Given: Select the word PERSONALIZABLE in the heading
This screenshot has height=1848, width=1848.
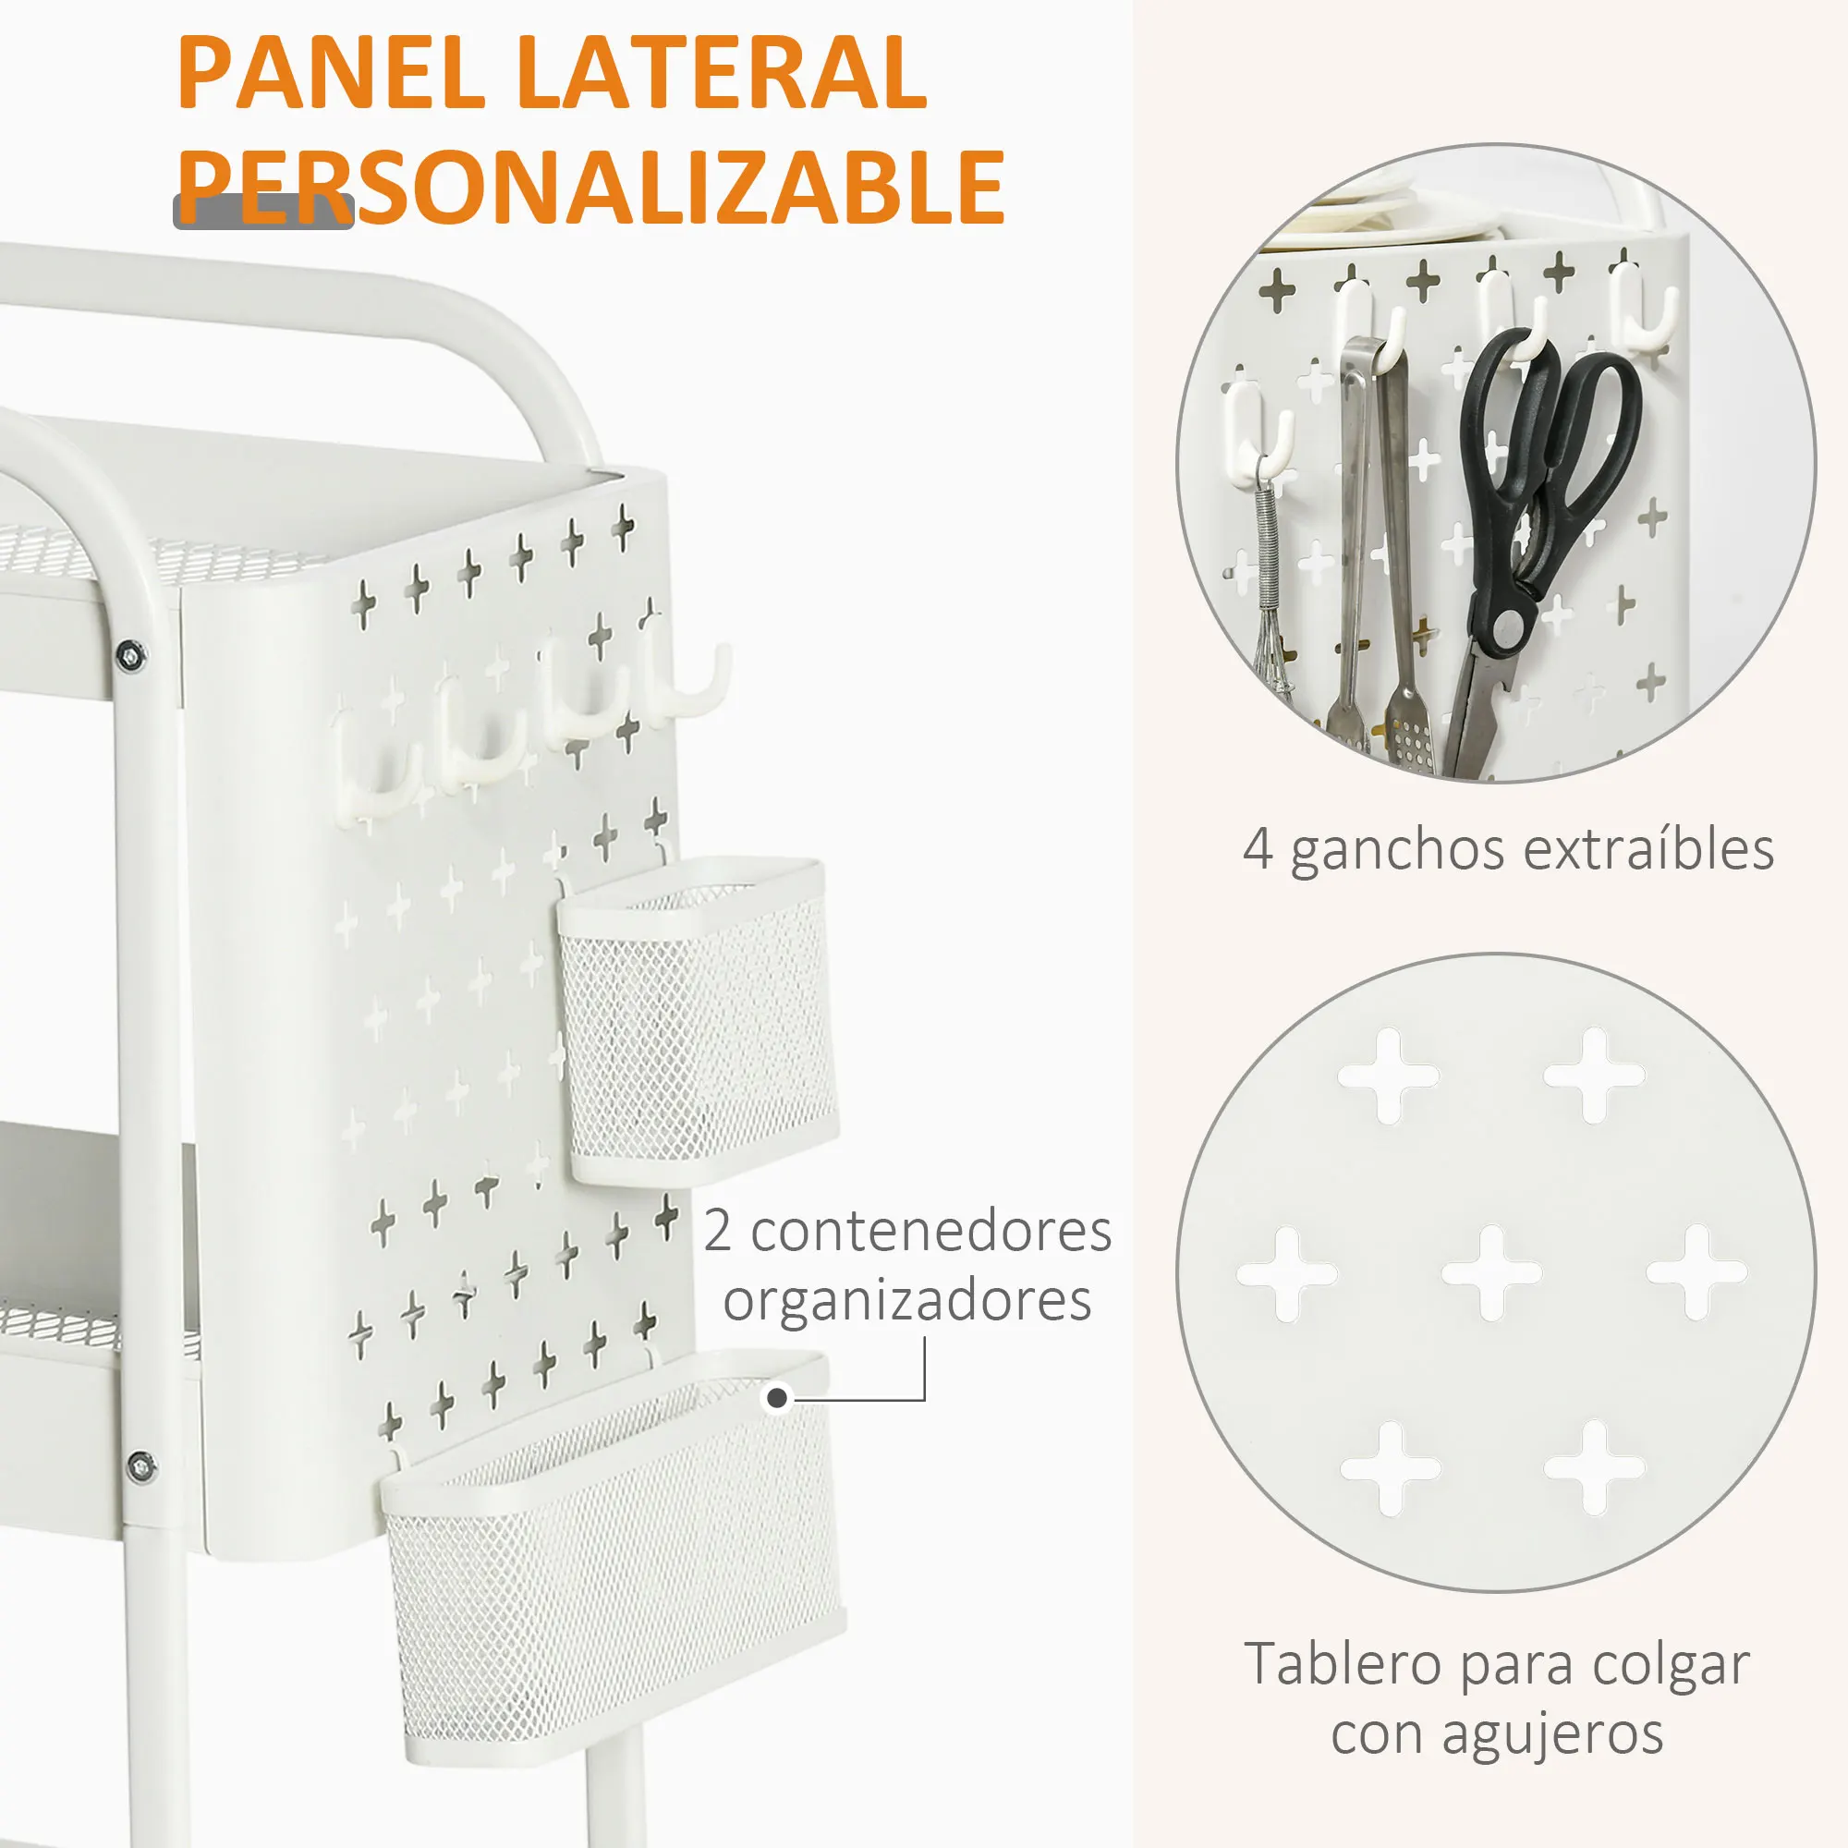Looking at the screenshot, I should [590, 188].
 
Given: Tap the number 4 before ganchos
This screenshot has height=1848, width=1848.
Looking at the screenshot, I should [1258, 849].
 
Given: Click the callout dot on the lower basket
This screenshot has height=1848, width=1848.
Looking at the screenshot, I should [778, 1399].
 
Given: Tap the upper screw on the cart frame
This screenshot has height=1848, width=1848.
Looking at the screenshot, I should [131, 655].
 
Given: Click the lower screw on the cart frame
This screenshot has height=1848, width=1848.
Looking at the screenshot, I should [140, 1465].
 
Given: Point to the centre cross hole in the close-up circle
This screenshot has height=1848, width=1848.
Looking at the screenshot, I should [1491, 1273].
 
